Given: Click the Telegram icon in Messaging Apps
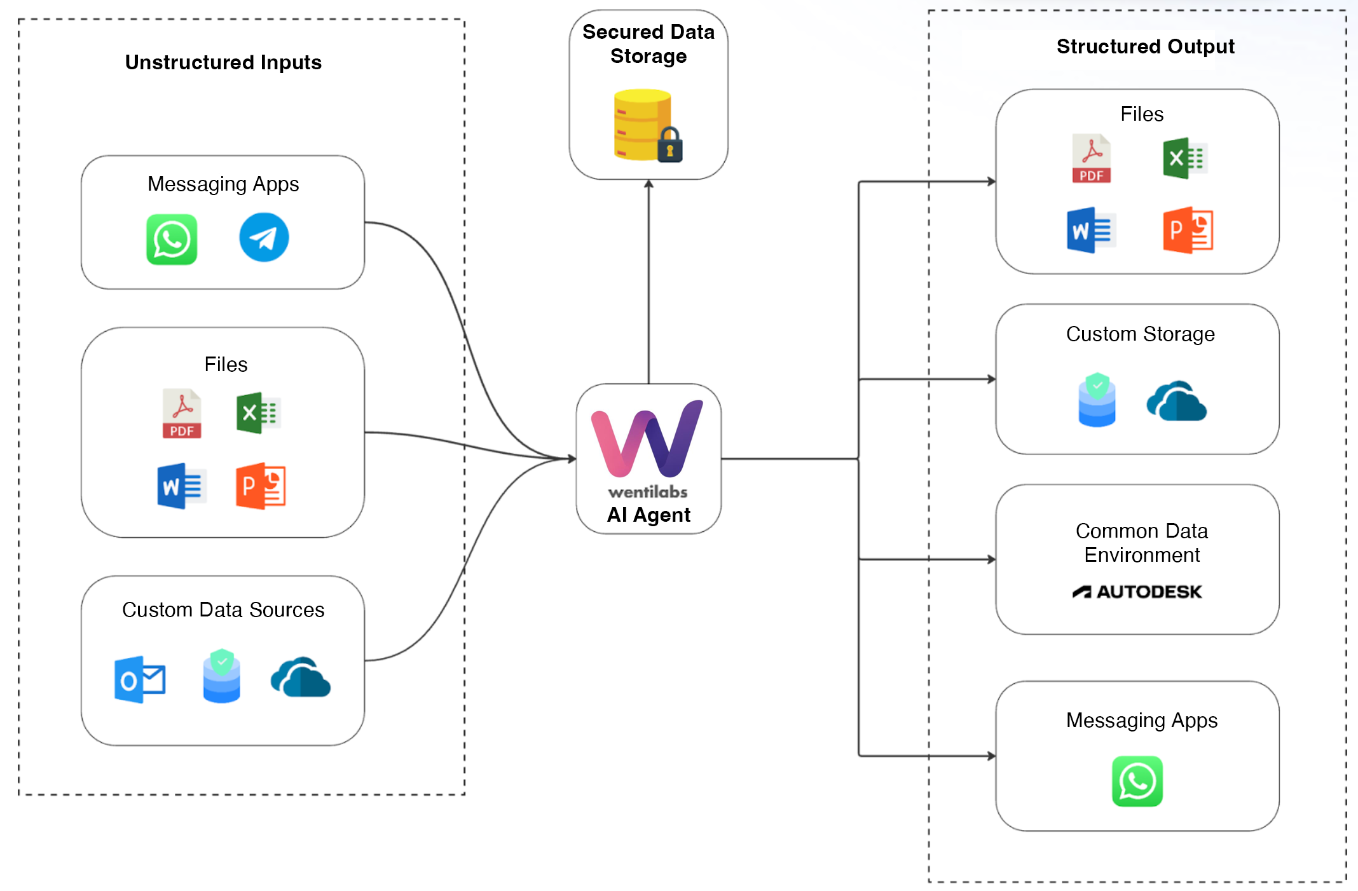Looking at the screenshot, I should click(264, 238).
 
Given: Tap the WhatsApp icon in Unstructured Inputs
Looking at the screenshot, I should click(172, 240).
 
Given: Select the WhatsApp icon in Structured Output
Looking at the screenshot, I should click(1137, 781).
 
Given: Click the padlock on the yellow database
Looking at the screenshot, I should click(669, 146).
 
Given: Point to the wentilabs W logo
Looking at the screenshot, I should click(647, 439).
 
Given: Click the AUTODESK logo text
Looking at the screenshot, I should click(1137, 592).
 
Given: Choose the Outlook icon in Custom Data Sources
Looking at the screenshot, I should click(140, 679).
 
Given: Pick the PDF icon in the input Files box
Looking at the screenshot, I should click(182, 414).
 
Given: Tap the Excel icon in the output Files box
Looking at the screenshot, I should click(1184, 158).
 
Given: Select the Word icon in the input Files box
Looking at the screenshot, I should click(181, 486).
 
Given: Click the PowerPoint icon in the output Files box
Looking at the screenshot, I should click(1188, 230).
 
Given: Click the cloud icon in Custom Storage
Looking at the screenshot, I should click(1176, 402).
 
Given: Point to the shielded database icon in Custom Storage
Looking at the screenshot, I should click(1097, 400).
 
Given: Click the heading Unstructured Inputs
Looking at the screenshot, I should click(223, 62).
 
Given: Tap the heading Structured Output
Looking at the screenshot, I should click(1145, 46).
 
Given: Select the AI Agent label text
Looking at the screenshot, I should click(648, 515).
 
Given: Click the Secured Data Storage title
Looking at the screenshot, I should click(648, 44).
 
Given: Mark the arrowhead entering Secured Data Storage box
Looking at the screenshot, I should click(648, 184).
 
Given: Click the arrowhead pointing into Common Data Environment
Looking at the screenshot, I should click(991, 559).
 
